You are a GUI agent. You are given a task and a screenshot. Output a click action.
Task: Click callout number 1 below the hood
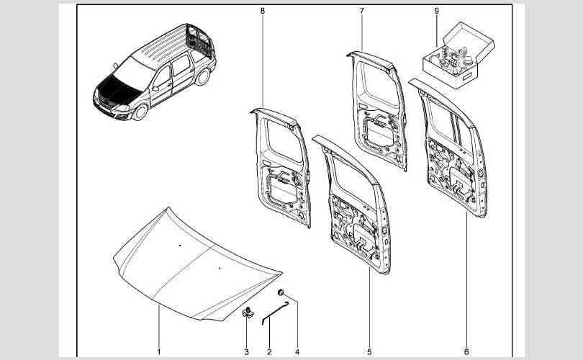coord(159,352)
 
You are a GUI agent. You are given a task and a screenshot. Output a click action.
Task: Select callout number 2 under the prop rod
coord(269,352)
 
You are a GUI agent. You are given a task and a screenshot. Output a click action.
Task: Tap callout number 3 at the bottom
coord(246,352)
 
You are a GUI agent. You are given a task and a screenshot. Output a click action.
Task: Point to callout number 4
coord(296,352)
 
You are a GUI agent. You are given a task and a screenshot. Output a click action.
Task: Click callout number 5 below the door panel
coord(369,352)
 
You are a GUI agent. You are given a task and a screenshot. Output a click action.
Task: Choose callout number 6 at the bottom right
coord(466,352)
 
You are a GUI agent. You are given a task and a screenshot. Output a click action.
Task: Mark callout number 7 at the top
coord(361,11)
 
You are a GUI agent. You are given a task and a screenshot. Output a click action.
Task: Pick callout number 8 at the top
coord(263,11)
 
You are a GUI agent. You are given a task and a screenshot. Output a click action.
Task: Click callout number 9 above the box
coord(436,11)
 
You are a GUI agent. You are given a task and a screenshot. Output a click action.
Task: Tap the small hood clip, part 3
coord(247,311)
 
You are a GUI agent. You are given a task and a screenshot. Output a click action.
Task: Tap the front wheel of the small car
coord(140,112)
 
